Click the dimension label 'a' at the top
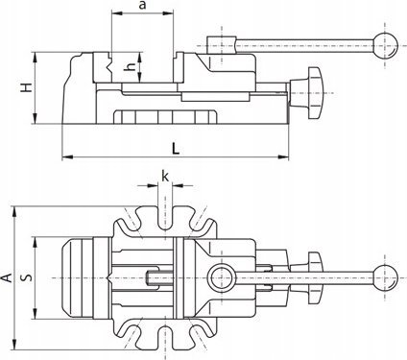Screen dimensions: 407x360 (142, 6)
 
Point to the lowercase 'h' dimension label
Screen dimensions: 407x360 (131, 66)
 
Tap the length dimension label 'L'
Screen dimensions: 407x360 (176, 149)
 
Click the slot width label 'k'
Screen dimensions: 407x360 (165, 176)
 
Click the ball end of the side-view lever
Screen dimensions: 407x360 (385, 46)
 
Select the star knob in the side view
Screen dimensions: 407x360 (310, 93)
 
